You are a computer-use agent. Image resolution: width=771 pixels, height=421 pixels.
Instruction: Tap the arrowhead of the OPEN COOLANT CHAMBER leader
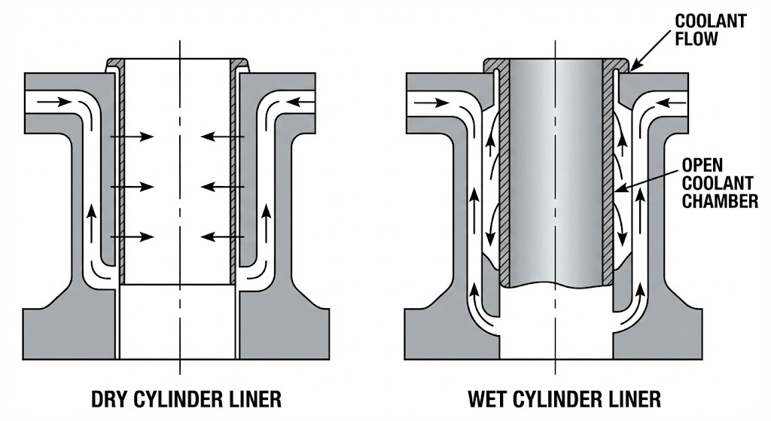click(x=616, y=190)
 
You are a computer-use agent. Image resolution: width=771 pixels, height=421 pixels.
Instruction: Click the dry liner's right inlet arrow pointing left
click(x=306, y=100)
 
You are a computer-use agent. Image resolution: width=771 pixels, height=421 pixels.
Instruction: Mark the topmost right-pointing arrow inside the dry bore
click(x=132, y=136)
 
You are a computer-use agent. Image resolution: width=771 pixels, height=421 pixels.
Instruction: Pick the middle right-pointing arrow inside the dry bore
click(x=132, y=187)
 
